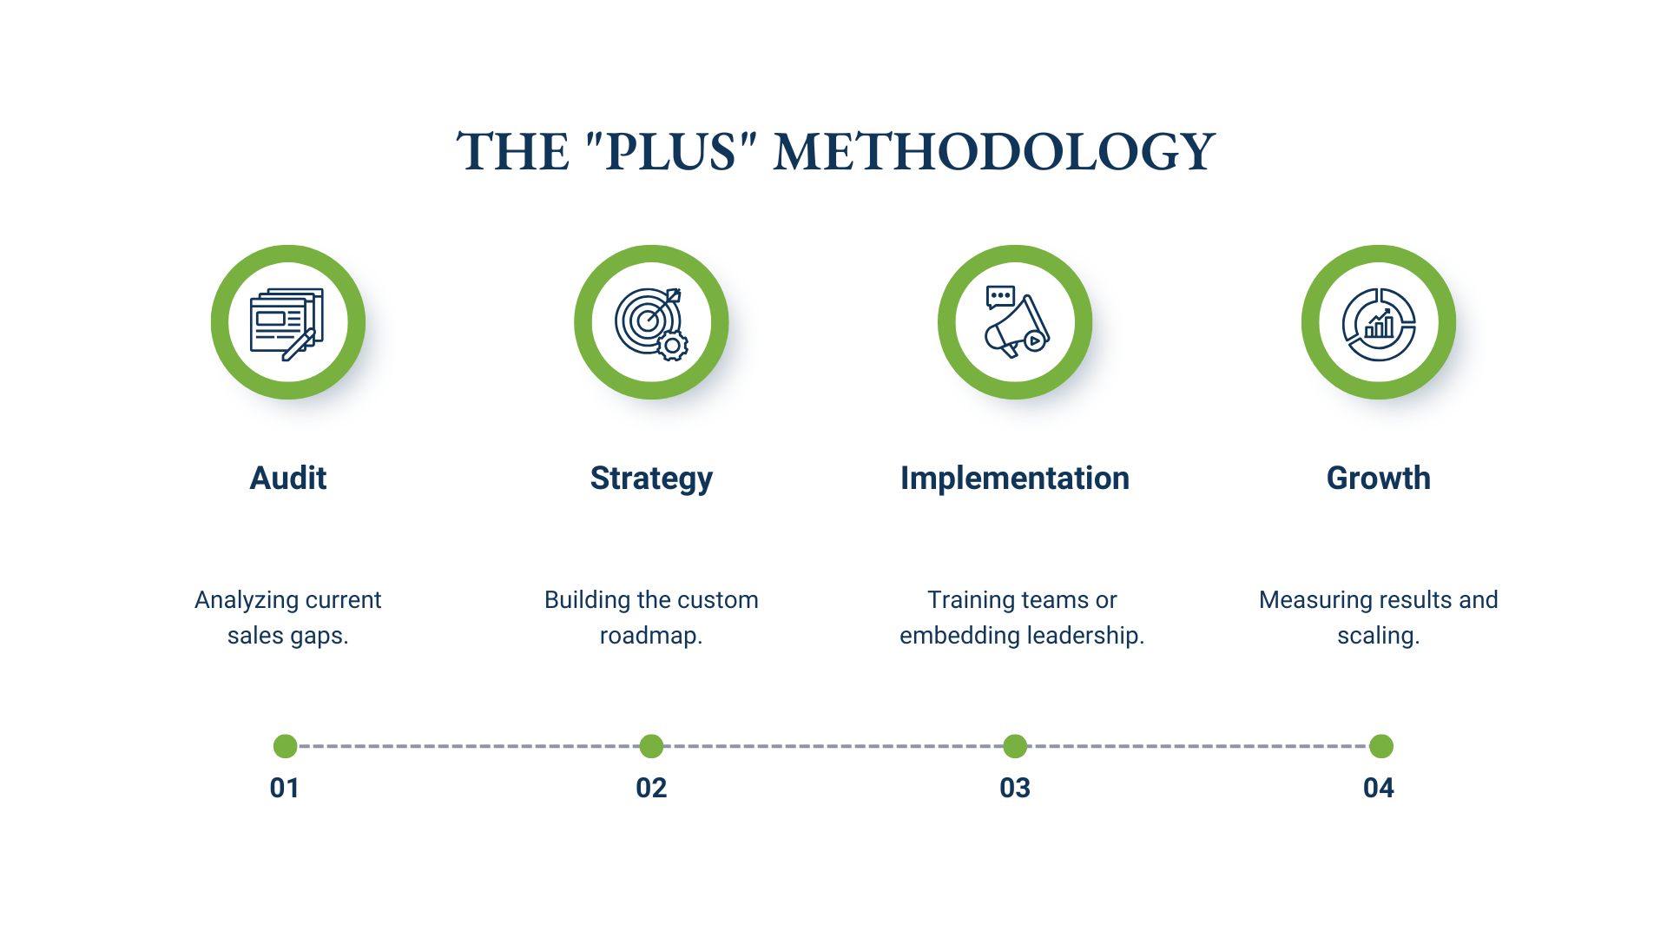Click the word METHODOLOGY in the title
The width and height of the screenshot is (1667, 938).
coord(993,152)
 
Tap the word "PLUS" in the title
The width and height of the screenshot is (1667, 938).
coord(670,152)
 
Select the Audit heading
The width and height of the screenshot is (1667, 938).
coord(288,479)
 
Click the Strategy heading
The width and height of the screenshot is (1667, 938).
coord(651,479)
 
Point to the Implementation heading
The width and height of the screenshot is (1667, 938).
coord(1015,479)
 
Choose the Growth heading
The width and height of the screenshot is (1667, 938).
coord(1379,479)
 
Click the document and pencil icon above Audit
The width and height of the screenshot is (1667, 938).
coord(287,323)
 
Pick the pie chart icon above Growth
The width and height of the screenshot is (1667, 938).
coord(1379,323)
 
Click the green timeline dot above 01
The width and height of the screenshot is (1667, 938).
coord(286,746)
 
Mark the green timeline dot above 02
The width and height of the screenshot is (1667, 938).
coord(651,746)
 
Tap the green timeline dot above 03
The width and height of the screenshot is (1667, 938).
coord(1015,746)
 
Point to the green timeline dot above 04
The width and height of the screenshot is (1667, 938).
coord(1381,746)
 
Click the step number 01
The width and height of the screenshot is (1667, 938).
coord(285,788)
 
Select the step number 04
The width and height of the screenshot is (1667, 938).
coord(1379,788)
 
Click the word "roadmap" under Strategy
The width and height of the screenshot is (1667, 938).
coord(648,636)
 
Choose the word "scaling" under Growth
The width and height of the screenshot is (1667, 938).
coord(1375,636)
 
